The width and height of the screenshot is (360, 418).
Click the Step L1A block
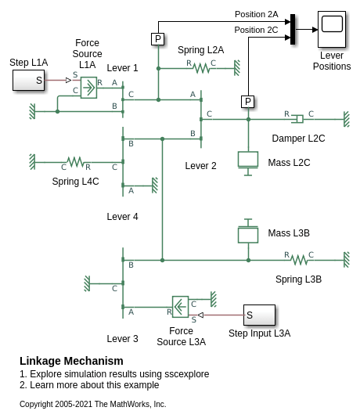(x=28, y=81)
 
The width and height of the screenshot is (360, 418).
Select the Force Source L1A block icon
(x=88, y=88)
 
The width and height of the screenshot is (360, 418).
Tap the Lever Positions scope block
(x=332, y=29)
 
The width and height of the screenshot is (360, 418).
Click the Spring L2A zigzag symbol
(x=201, y=68)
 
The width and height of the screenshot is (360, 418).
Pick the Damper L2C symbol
(x=298, y=119)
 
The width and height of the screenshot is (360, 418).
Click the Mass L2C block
(x=248, y=164)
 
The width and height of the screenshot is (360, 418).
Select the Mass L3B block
(x=248, y=231)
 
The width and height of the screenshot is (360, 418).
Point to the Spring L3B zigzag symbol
(x=299, y=260)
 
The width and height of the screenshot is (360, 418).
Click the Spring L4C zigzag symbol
(x=75, y=162)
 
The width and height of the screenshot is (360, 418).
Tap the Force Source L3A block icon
(x=181, y=307)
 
